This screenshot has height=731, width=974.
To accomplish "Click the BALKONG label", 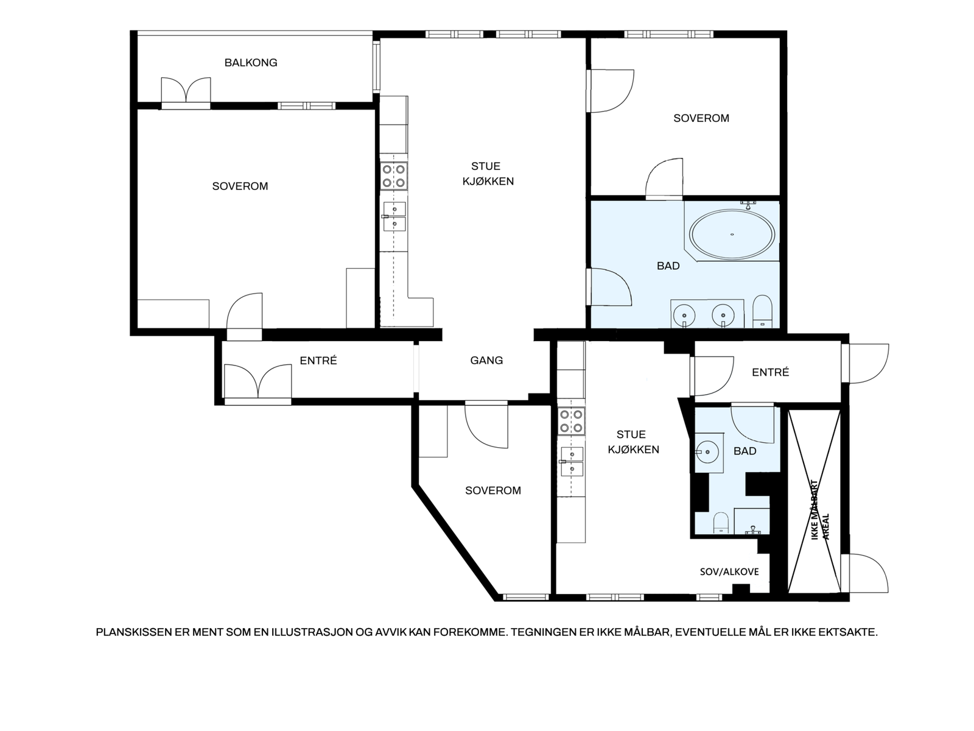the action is coord(251,63).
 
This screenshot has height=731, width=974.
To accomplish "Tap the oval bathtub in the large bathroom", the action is coord(732,235).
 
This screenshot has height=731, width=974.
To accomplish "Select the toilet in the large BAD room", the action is coord(763,311).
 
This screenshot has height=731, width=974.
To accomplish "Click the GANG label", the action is coord(486,361).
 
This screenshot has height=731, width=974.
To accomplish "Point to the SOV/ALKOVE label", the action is coord(729,571).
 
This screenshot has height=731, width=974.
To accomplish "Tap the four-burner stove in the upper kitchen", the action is coord(394,176).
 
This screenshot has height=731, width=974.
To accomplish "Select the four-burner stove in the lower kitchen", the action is coord(571,421).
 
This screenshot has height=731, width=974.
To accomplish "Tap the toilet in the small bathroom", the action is coord(721,523).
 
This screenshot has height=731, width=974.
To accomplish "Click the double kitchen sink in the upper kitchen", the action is coord(394,217).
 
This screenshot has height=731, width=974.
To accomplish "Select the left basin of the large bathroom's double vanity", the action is coord(684,315).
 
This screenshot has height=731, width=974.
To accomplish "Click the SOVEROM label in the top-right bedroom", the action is coord(701,118).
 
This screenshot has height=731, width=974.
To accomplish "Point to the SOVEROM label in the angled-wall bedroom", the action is coord(493,490).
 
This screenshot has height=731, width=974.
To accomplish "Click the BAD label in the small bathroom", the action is coord(745,451).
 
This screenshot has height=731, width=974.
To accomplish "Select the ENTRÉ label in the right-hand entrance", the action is coord(770,372).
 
